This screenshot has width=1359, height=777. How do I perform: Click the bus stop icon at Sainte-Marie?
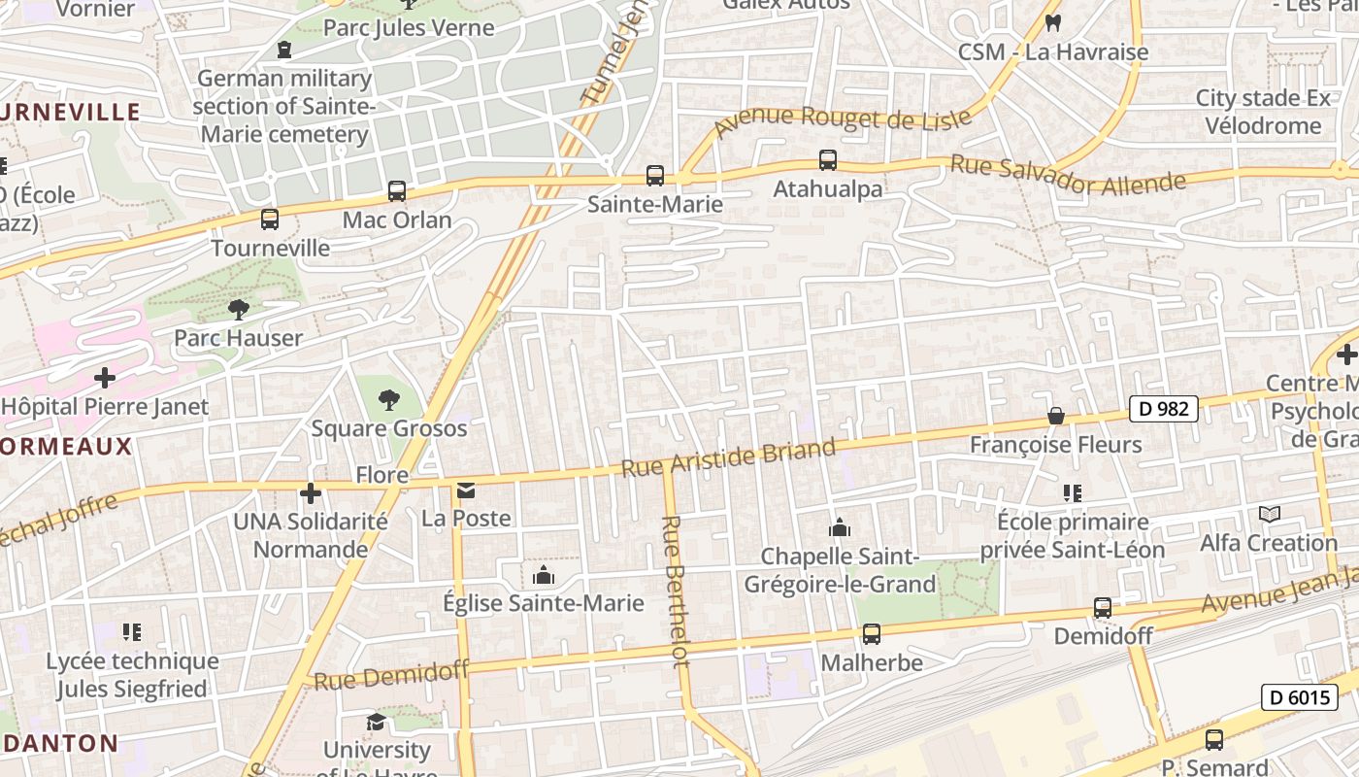[655, 176]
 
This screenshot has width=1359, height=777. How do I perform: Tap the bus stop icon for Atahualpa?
[827, 160]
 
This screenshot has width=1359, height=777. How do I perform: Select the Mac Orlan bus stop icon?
[396, 191]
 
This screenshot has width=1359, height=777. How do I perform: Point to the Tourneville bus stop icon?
[270, 220]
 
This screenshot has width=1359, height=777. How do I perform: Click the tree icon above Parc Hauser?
[238, 310]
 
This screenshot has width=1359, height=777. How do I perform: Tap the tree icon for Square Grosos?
[388, 399]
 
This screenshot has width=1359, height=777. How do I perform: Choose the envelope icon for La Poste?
[466, 490]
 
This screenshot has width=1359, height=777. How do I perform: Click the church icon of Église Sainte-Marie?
[544, 575]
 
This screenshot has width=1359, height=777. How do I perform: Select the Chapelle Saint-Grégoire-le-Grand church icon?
[839, 528]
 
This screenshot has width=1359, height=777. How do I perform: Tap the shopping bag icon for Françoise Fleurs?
[1056, 417]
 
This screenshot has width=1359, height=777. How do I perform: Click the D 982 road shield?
[1163, 409]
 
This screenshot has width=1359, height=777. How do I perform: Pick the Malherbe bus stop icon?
[872, 634]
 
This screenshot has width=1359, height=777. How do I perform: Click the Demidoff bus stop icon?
[1103, 608]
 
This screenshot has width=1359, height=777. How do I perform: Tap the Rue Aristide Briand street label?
[728, 457]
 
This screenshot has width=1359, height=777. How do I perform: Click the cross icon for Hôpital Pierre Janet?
[105, 378]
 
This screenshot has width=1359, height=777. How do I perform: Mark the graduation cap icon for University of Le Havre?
[376, 722]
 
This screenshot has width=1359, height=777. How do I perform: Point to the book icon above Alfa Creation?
[1269, 514]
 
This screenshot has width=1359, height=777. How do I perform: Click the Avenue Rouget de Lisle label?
[843, 120]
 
